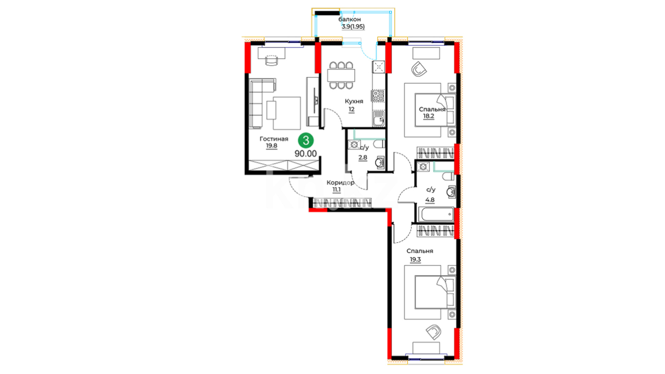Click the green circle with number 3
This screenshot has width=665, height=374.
click(306, 141)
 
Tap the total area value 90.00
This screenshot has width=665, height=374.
click(305, 154)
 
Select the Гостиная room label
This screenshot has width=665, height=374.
click(274, 139)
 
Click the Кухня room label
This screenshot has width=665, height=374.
click(354, 101)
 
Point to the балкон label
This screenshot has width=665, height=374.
click(349, 19)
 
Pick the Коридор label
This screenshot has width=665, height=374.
click(340, 182)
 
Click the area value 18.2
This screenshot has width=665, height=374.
click(428, 116)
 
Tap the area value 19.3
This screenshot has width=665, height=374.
click(415, 259)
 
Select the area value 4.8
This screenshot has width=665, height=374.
click(430, 200)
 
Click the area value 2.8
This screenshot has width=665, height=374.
click(363, 158)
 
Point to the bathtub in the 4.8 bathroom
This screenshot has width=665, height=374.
click(436, 214)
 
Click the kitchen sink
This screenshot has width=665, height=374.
click(378, 118)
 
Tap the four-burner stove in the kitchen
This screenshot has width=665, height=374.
click(378, 96)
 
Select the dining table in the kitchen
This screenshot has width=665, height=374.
click(341, 75)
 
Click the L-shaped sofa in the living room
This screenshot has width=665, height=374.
click(262, 103)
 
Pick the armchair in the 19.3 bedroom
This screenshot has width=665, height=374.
click(433, 332)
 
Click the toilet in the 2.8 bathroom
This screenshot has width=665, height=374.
click(379, 144)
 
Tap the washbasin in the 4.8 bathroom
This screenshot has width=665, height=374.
click(451, 192)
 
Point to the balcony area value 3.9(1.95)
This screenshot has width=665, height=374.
click(353, 26)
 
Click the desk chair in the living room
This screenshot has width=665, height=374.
click(272, 60)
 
